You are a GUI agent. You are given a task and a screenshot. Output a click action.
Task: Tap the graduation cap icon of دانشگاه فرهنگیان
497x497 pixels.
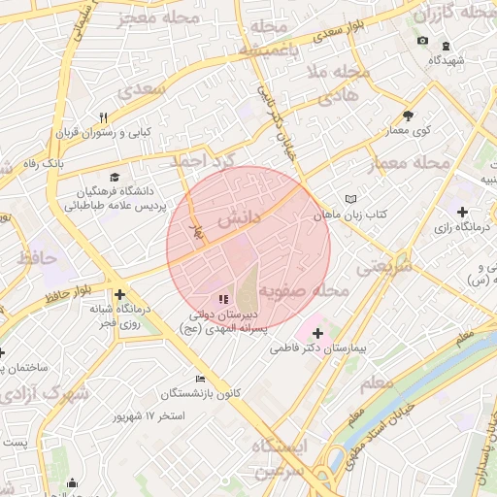[x=116, y=178]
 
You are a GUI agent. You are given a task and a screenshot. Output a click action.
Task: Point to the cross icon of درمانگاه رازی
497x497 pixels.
[x=462, y=212]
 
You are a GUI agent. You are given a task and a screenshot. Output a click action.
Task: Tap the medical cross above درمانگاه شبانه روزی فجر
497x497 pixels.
[x=118, y=294]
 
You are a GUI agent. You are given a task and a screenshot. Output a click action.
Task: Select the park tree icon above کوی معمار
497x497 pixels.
[x=407, y=116]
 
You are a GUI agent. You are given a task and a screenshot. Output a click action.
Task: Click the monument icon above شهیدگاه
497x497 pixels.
[x=446, y=45]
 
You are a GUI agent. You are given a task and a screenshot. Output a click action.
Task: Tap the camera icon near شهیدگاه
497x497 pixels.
[x=422, y=40]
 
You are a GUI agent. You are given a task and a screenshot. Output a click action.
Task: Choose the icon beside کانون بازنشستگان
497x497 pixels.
[x=201, y=379]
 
